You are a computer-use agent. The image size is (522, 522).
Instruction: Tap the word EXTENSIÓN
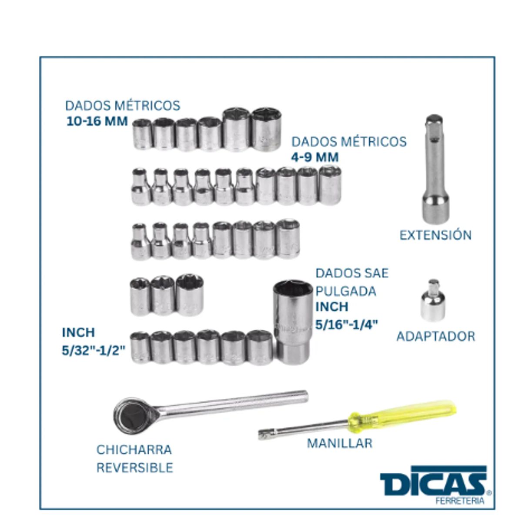(435, 235)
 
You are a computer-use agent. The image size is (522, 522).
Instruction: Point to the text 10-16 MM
(97, 121)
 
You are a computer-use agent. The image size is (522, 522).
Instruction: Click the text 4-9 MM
(315, 157)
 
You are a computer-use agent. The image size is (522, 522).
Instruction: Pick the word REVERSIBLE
(134, 468)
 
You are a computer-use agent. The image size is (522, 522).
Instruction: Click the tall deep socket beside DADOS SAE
(291, 322)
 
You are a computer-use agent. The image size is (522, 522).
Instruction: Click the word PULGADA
(346, 292)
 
